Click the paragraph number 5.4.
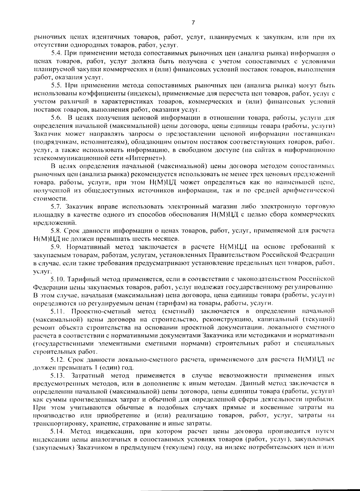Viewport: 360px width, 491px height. pos(56,54)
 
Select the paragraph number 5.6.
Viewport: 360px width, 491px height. pos(56,117)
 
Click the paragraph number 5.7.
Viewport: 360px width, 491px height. pos(56,206)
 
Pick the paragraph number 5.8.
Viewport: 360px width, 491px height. pos(56,231)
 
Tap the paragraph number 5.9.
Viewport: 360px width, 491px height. pos(56,247)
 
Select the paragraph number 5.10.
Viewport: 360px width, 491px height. pos(57,279)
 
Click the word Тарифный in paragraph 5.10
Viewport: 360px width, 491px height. pos(80,279)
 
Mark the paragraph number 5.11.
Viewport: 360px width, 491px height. pos(57,311)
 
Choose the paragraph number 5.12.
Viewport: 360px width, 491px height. pos(57,359)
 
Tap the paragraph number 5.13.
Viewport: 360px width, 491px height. pos(57,375)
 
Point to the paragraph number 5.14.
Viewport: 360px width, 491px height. pos(57,432)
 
